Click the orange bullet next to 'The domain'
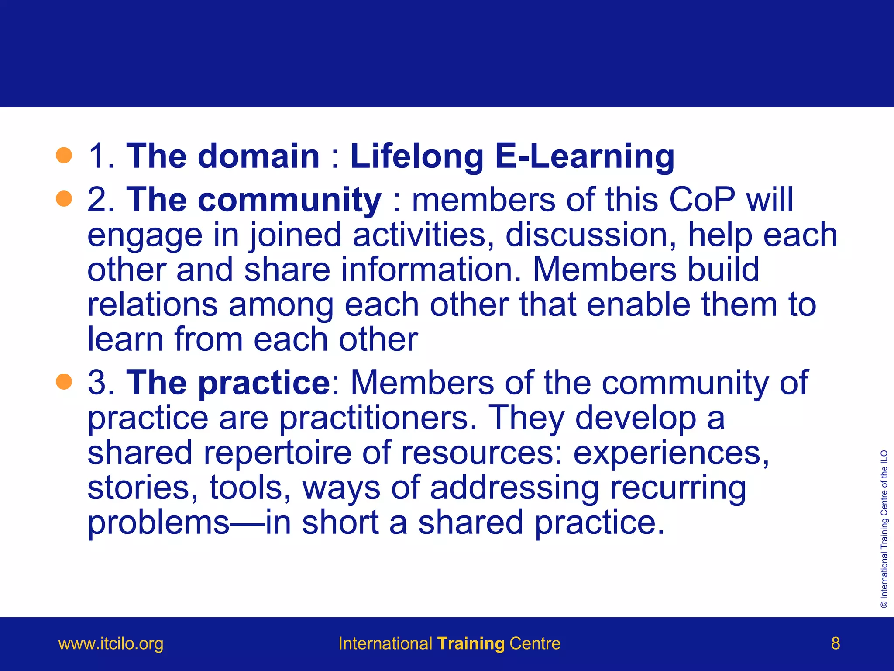pos(64,155)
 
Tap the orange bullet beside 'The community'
pos(64,199)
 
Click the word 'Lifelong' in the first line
pos(417,156)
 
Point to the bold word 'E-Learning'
pos(585,156)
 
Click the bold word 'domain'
pos(258,156)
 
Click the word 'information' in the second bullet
pos(431,270)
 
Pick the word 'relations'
pos(152,304)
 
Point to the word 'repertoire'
pos(277,453)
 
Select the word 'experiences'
pos(671,453)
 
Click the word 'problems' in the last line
pos(158,523)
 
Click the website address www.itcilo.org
pos(111,643)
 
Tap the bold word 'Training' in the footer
pos(471,643)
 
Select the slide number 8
pos(836,643)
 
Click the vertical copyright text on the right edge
pos(884,529)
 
